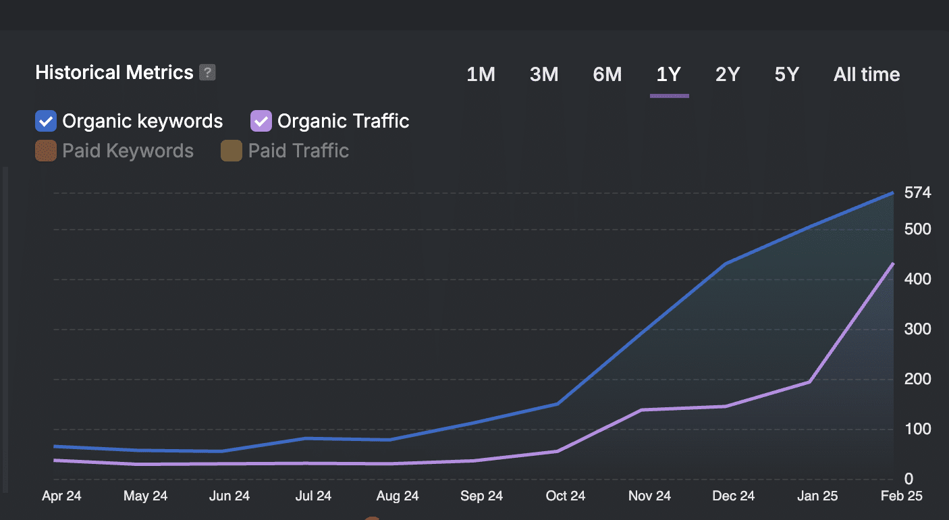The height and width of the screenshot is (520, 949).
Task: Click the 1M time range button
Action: (x=481, y=74)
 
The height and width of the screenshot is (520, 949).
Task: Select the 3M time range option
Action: (x=543, y=74)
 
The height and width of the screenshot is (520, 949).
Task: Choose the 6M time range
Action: (x=607, y=74)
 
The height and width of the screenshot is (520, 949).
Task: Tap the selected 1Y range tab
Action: (x=668, y=74)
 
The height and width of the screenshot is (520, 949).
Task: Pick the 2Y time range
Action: (x=728, y=74)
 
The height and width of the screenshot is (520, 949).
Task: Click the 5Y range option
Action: (x=786, y=74)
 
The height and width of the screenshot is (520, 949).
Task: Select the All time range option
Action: (x=866, y=74)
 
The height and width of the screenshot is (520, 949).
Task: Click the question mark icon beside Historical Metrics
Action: (x=208, y=72)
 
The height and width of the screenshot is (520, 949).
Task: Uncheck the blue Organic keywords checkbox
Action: (x=46, y=122)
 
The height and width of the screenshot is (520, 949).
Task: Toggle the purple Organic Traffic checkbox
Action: (x=261, y=122)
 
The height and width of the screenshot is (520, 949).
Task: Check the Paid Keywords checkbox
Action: (x=46, y=151)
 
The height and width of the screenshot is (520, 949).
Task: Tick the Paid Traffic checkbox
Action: (x=232, y=151)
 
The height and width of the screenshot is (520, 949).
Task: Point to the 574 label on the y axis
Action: (x=917, y=193)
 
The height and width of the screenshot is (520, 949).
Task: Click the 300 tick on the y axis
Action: (x=917, y=330)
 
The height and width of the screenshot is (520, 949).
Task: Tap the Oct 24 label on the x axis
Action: (x=566, y=496)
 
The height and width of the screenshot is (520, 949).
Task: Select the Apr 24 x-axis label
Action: (x=61, y=496)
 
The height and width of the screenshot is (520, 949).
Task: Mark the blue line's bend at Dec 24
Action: (x=725, y=264)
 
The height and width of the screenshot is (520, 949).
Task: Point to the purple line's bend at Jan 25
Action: (x=809, y=382)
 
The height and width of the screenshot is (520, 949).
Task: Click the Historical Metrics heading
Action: (x=114, y=72)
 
